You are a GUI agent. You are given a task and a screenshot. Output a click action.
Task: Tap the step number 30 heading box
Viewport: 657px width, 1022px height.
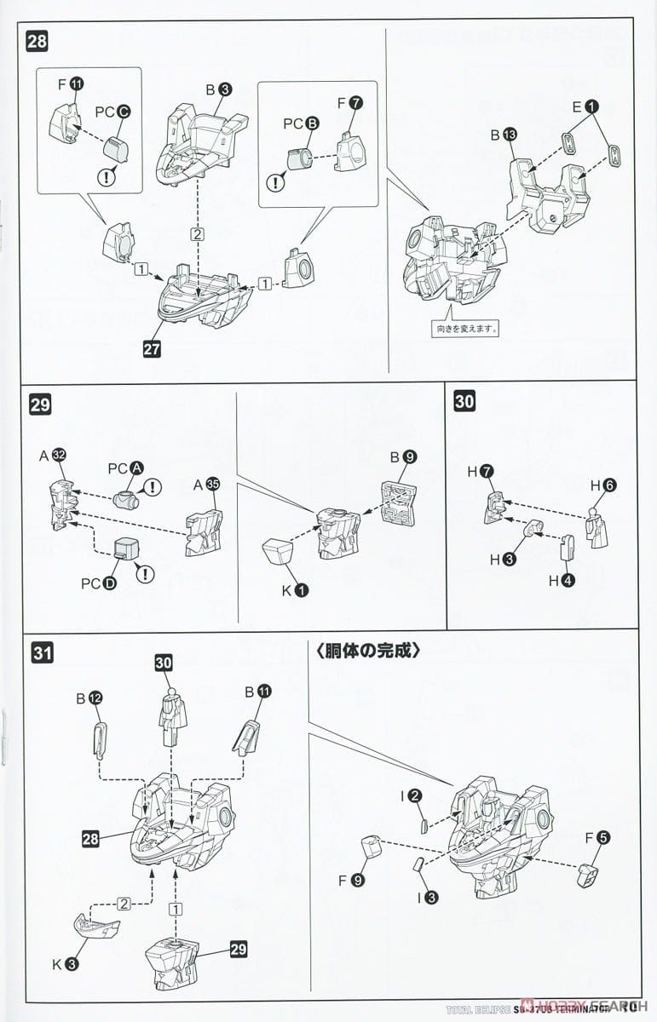tap(464, 403)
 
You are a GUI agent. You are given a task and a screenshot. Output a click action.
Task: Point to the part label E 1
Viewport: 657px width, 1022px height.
tap(586, 107)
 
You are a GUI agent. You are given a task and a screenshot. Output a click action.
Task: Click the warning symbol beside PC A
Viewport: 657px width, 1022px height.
tap(153, 487)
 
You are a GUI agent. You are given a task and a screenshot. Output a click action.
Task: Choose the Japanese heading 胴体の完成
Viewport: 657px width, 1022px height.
tap(366, 652)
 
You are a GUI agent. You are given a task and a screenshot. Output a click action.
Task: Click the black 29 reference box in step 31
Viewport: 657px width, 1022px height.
tap(238, 947)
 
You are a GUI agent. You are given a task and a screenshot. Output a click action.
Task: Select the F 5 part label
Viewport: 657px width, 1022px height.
tap(596, 839)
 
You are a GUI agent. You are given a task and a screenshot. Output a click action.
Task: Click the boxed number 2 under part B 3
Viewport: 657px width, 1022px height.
tap(198, 233)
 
